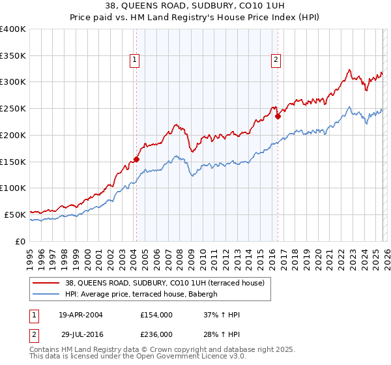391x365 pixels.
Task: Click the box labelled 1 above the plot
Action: pos(135,60)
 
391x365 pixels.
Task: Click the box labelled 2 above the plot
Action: pos(276,60)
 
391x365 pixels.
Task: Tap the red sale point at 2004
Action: pos(137,158)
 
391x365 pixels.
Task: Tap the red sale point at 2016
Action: pos(278,116)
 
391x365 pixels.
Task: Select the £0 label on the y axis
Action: pos(20,241)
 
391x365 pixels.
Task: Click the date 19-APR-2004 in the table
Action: pos(84,315)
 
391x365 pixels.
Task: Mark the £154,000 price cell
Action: pos(156,315)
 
